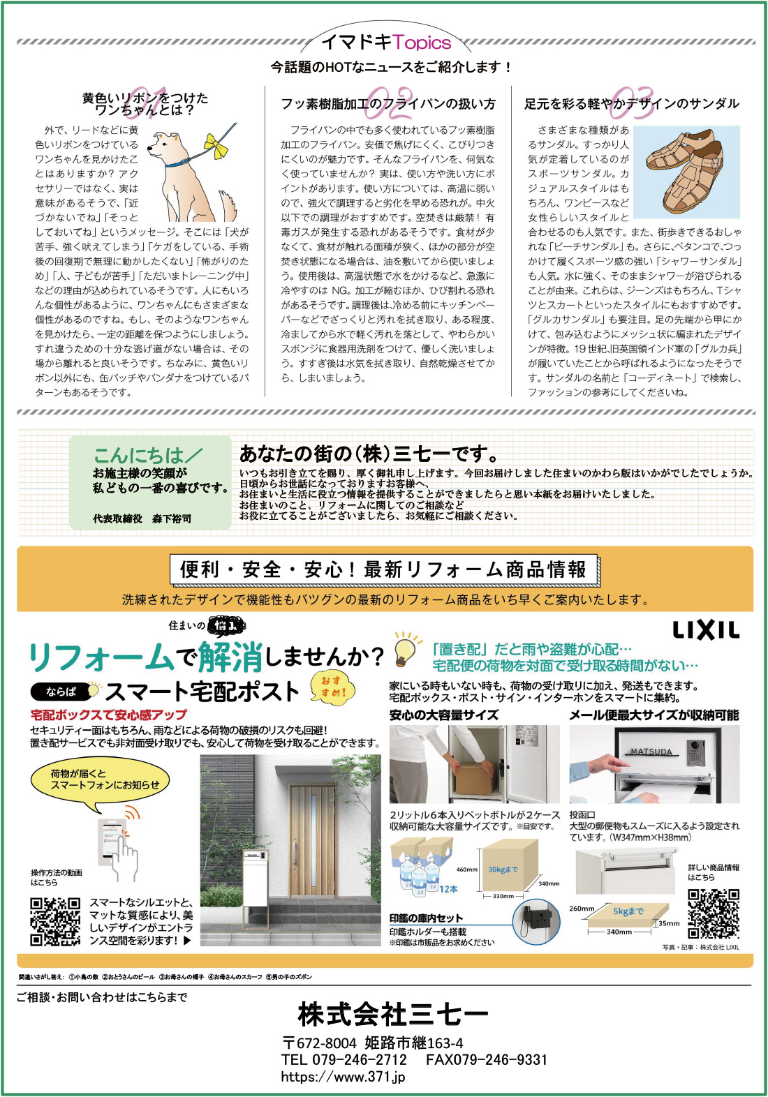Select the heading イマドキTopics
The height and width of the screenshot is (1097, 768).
click(x=386, y=43)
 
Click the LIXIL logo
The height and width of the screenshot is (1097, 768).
click(x=705, y=630)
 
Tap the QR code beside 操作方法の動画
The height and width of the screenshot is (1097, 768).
click(x=55, y=922)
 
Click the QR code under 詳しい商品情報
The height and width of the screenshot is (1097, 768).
click(x=713, y=913)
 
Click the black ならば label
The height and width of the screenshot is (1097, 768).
click(x=61, y=692)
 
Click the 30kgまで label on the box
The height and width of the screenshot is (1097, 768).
click(x=503, y=870)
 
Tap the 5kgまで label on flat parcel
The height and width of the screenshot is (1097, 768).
click(x=628, y=911)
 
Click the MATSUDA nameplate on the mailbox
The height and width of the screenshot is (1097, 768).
click(x=651, y=752)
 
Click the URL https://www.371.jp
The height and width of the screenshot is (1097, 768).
click(x=343, y=1077)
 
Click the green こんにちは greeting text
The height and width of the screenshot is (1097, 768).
click(x=147, y=456)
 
